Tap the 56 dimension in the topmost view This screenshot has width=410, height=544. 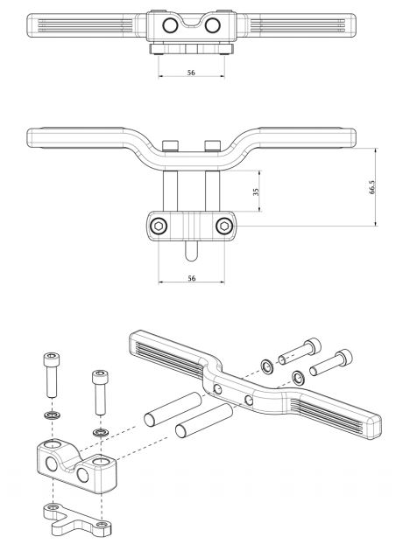click(x=191, y=73)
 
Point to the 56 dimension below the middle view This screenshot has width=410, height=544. click(x=191, y=277)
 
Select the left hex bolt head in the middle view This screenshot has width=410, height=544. click(x=159, y=227)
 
